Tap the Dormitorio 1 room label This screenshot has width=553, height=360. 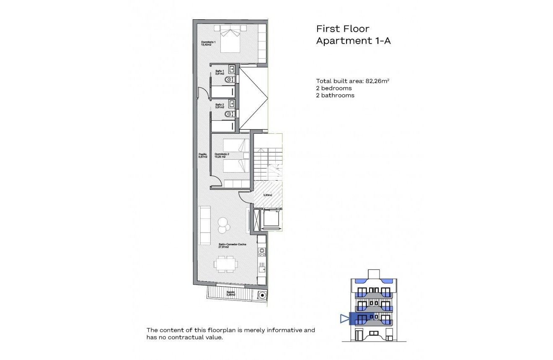[x=208, y=43]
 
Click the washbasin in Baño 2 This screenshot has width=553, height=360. [x=232, y=104]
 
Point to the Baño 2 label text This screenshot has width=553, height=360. [x=220, y=106]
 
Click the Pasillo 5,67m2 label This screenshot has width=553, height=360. [x=203, y=155]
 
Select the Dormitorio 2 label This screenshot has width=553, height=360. [x=222, y=155]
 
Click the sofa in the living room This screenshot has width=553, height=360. [x=204, y=225]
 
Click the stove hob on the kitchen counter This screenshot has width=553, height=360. [x=262, y=252]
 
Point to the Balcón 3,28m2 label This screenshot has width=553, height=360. [x=231, y=293]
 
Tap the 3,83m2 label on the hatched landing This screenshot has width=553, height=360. [x=267, y=195]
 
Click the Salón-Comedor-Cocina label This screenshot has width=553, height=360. [x=232, y=246]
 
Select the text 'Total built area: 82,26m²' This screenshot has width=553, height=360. [x=354, y=81]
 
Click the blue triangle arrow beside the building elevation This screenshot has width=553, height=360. [x=344, y=319]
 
